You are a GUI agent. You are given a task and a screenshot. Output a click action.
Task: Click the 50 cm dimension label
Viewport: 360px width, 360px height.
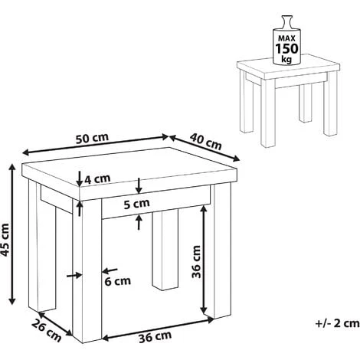click(92, 138)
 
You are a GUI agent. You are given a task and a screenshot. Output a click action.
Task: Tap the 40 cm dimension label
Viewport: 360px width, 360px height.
click(206, 142)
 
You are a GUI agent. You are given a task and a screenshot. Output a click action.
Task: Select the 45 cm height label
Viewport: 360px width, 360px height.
click(5, 240)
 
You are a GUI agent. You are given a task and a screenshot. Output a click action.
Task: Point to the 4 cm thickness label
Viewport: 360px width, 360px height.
click(97, 178)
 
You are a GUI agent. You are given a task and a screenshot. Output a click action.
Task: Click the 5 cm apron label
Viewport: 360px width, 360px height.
click(136, 204)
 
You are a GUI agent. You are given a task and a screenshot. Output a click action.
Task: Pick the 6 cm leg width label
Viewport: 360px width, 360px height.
click(118, 281)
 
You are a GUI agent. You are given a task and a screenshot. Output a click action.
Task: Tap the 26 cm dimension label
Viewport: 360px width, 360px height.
click(47, 330)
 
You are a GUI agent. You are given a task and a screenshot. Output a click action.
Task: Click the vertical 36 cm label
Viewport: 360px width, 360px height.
click(197, 262)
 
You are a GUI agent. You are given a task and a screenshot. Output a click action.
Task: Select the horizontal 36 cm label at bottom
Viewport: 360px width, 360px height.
click(155, 337)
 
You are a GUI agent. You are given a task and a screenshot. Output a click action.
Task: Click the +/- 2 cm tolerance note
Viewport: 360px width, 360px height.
click(338, 323)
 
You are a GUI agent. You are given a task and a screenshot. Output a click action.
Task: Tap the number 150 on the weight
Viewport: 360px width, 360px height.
click(286, 48)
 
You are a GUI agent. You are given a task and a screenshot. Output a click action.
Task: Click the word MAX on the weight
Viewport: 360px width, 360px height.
click(286, 38)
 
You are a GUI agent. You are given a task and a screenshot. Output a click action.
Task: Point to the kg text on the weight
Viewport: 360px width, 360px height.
click(286, 59)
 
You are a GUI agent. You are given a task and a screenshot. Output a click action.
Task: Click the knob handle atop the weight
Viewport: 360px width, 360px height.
click(286, 21)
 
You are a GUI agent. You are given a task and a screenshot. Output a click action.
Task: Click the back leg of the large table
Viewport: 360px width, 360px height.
click(165, 250)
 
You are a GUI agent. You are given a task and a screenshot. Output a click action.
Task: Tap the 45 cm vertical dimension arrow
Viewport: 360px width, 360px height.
click(12, 234)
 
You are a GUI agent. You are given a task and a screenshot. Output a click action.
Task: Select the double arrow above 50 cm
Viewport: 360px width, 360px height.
click(96, 145)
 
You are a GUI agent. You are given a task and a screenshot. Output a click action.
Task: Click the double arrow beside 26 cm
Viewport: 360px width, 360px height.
click(55, 324)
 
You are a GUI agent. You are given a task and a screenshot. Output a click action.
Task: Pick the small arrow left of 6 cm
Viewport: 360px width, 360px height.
click(74, 275)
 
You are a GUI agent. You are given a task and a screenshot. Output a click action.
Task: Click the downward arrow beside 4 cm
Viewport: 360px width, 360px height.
click(80, 178)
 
